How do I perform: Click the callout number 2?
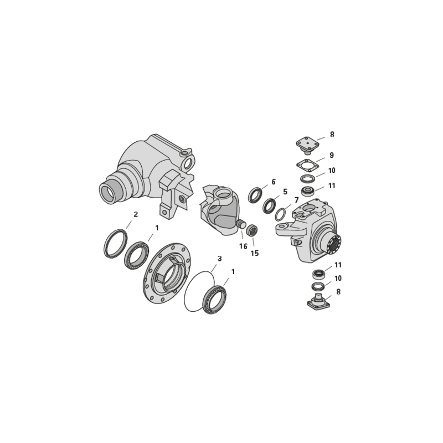tap(136, 214)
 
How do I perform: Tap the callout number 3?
tap(219, 259)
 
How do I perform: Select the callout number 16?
tap(243, 246)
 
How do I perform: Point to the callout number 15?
tap(255, 253)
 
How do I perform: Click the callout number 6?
tap(274, 182)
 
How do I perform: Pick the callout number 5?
tap(285, 192)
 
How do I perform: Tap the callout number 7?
tap(296, 200)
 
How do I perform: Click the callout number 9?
tap(332, 155)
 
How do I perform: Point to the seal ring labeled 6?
tap(255, 195)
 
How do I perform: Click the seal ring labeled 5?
tap(269, 206)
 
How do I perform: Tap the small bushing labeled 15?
tap(252, 230)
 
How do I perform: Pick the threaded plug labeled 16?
tap(240, 224)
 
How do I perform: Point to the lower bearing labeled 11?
tap(318, 274)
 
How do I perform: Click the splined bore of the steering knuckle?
tap(334, 243)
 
